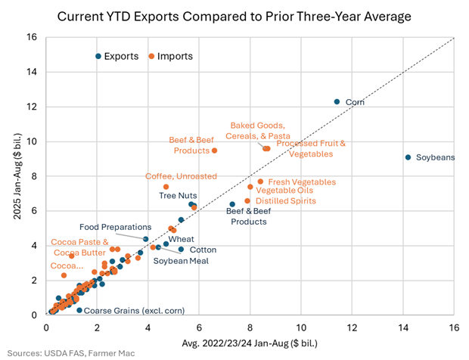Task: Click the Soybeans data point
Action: click(408, 157)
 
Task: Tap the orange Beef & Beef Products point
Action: click(214, 151)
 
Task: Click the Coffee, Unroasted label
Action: click(181, 176)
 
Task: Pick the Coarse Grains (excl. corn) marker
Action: click(79, 310)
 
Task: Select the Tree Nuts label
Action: click(178, 195)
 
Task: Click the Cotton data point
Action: click(181, 249)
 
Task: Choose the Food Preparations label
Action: click(116, 226)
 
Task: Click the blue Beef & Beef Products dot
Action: click(232, 204)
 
